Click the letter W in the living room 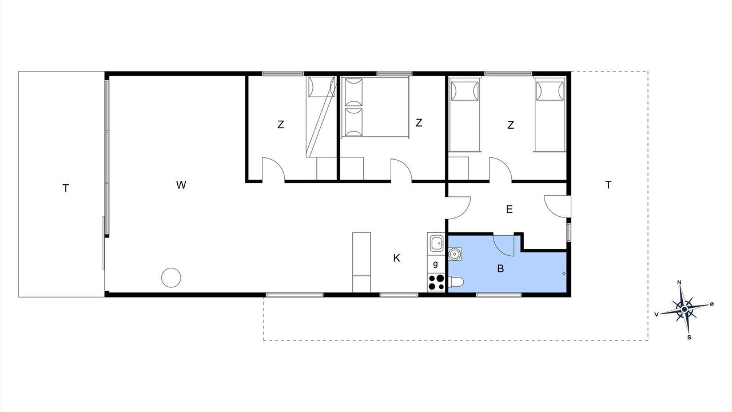(x=181, y=185)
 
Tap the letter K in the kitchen (x=396, y=258)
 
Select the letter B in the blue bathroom (x=500, y=269)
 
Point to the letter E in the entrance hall (x=509, y=209)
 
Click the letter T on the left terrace (x=66, y=188)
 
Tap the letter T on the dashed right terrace (x=608, y=185)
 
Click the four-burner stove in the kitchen (x=436, y=283)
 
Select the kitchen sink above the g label (x=436, y=243)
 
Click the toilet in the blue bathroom (x=456, y=282)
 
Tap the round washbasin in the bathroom (x=455, y=253)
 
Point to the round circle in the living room (x=171, y=278)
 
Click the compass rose (x=685, y=309)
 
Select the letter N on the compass (x=679, y=283)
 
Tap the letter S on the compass (x=689, y=338)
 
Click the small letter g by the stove (x=435, y=264)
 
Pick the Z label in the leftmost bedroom (x=280, y=125)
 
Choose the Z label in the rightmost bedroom (x=511, y=125)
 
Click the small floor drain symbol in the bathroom (x=564, y=274)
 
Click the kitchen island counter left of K (x=361, y=262)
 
